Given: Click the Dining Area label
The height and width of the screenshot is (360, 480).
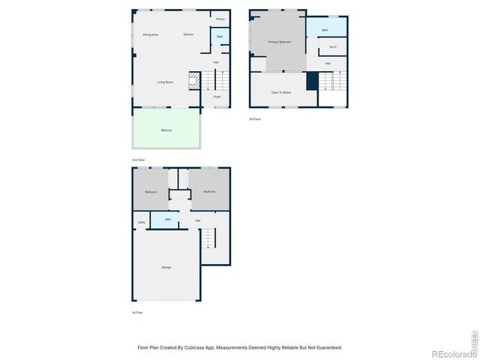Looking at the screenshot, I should tap(150, 34).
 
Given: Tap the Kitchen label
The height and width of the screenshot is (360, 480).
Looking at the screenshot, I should tap(188, 34).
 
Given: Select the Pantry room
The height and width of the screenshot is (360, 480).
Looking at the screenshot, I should tap(220, 19).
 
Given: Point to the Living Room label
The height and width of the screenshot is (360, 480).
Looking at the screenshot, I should tap(165, 82).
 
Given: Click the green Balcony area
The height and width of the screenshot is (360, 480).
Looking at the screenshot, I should tap(166, 130).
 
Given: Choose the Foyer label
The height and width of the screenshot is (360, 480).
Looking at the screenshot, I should tap(217, 97).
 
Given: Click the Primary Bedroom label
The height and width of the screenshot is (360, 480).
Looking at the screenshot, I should tap(280, 42).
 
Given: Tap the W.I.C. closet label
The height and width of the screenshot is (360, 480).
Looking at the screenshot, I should tap(334, 48).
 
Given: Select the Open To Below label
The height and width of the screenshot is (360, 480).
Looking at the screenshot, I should tap(281, 91).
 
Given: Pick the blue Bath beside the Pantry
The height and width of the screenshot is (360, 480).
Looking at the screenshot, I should tap(220, 36).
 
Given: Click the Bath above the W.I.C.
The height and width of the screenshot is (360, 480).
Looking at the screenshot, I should tap(325, 30).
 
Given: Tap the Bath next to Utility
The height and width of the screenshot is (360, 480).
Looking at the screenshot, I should tap(169, 220).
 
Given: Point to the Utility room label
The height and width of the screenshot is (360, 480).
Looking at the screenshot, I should tap(142, 222).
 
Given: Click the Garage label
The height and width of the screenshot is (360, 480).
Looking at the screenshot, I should tap(166, 267).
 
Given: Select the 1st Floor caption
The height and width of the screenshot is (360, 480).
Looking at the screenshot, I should tap(137, 312).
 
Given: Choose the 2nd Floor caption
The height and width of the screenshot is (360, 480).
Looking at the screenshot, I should tap(138, 160).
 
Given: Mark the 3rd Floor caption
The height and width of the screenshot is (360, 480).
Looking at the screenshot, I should tap(255, 118).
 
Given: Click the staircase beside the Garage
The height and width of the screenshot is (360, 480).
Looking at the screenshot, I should tap(209, 238).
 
